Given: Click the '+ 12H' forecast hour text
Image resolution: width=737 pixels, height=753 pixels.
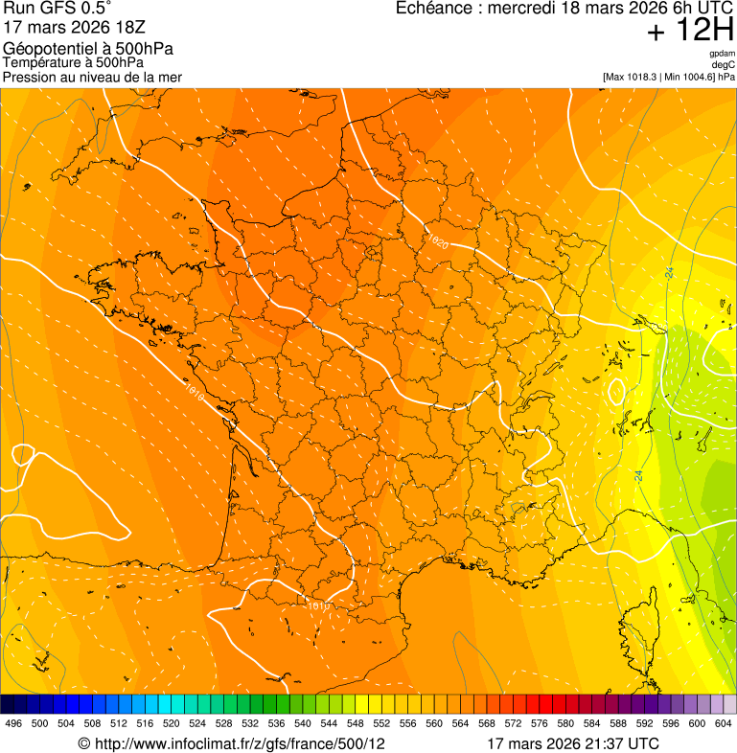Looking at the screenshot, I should point(690,31).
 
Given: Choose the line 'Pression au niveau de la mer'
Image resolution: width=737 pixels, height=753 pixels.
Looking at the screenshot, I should point(93,77).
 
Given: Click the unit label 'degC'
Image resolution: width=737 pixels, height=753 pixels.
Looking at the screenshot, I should point(724,64).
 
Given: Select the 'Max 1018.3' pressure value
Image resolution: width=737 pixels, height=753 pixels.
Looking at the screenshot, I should point(634,77).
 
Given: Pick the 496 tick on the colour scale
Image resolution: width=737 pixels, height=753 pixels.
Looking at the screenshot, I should point(13,723).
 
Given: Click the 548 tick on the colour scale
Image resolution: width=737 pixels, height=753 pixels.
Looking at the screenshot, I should point(356,723).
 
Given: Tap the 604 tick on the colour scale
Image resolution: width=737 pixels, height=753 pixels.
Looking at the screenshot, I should point(724,723).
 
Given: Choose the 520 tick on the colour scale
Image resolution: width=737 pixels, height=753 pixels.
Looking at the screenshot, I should point(172,723).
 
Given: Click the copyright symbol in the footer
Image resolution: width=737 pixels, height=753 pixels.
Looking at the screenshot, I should point(83,743).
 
